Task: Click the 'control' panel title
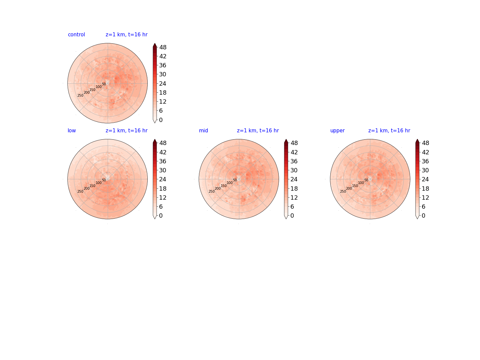[76, 35]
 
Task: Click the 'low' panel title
[72, 130]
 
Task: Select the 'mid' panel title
[203, 130]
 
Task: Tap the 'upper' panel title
[337, 131]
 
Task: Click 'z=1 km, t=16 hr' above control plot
[127, 35]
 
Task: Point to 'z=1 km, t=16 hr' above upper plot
[389, 130]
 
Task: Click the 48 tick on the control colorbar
[163, 47]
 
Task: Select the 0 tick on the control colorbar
[161, 120]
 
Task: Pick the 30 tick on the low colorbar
[163, 170]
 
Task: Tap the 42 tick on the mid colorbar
[294, 152]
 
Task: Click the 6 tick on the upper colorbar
[423, 207]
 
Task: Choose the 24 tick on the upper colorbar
[425, 179]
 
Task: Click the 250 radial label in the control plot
[80, 96]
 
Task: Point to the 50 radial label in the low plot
[104, 180]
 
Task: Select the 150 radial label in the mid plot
[223, 186]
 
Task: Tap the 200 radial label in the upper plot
[349, 188]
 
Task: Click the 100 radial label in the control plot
[99, 87]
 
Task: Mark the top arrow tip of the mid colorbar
[286, 139]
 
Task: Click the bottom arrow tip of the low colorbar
[155, 219]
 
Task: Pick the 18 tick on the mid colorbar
[294, 188]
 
